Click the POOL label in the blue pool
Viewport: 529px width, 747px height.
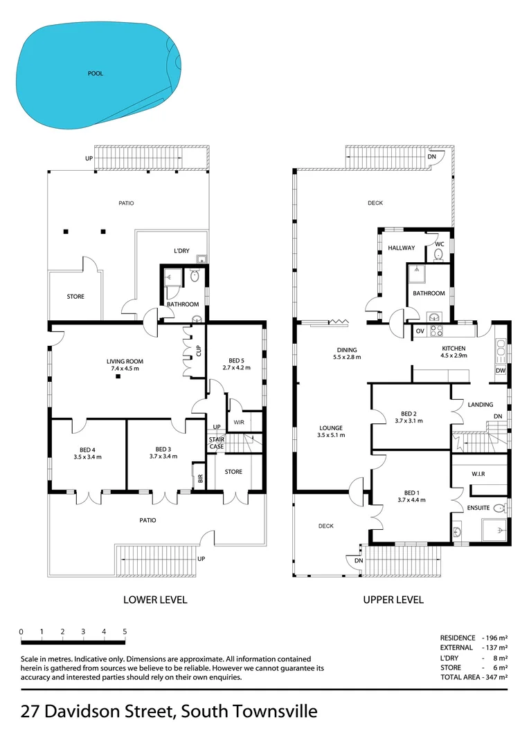[x=96, y=73]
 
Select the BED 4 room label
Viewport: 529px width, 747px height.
[x=88, y=448]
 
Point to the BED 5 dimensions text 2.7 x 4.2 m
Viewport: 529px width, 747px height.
[x=236, y=368]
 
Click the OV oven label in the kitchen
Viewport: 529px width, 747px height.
[x=420, y=331]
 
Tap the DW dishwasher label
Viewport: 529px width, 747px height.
[x=500, y=371]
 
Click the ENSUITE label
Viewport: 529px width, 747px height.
[x=479, y=508]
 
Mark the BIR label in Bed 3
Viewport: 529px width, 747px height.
[x=200, y=477]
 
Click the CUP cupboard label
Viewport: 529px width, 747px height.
[x=199, y=351]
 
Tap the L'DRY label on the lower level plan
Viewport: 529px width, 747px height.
[x=182, y=252]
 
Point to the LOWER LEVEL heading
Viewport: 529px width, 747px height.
[x=155, y=600]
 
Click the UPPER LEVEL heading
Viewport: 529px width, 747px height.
[x=393, y=600]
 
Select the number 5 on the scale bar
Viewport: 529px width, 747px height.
[x=125, y=631]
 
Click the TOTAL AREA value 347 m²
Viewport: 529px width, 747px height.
[x=495, y=677]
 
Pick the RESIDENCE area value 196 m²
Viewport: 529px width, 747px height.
[x=495, y=638]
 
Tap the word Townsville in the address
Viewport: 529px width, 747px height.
[x=271, y=712]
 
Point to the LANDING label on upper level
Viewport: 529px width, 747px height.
[x=480, y=405]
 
